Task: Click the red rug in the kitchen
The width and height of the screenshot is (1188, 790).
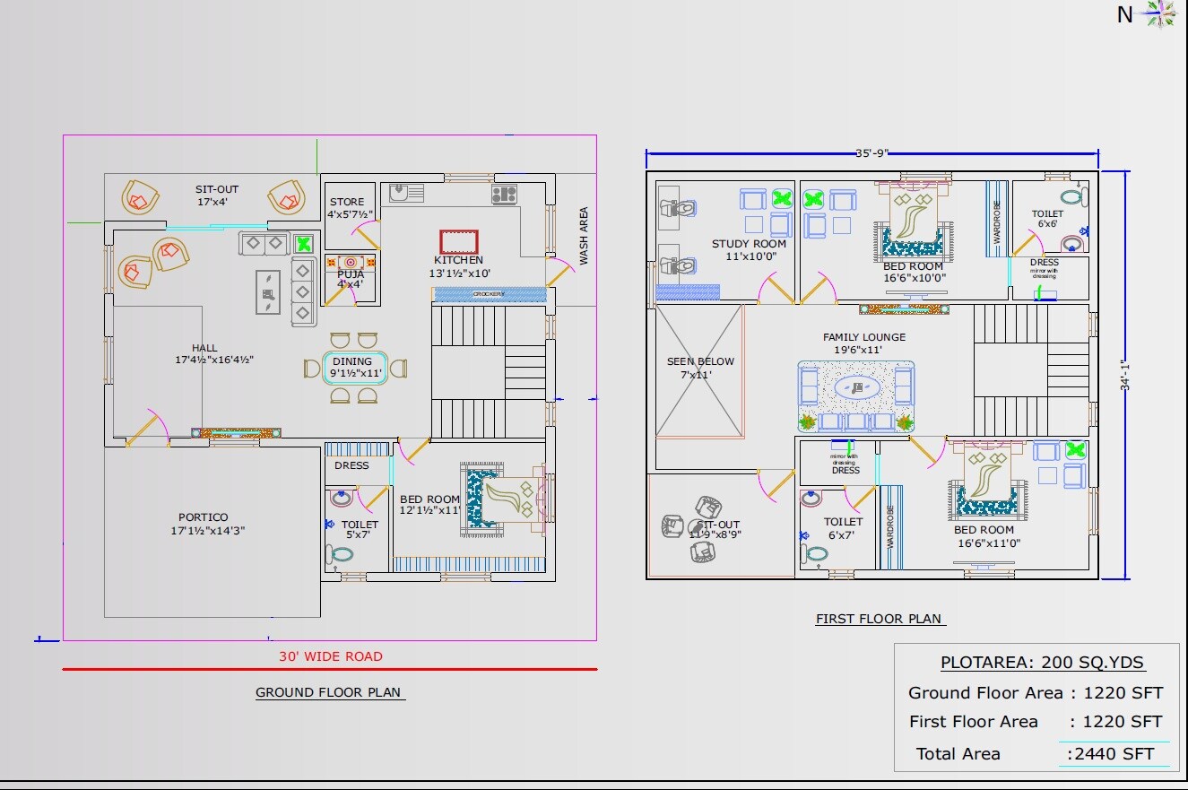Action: tap(459, 242)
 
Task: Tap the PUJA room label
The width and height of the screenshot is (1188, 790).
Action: tap(351, 273)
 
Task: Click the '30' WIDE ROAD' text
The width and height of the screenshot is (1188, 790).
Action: tap(330, 656)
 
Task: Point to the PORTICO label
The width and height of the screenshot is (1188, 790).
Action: tap(203, 517)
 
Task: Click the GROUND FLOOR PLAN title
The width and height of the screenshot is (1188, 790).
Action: tap(328, 692)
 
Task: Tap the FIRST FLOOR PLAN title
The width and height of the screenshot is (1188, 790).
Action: tap(879, 619)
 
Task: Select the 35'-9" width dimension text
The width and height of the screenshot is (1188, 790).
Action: tap(871, 153)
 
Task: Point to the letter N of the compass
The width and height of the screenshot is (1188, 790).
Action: tap(1124, 15)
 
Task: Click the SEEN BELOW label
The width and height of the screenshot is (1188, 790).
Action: tap(700, 361)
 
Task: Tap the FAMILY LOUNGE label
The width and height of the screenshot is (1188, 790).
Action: tap(864, 337)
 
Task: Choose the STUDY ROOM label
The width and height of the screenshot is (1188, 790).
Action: tap(749, 244)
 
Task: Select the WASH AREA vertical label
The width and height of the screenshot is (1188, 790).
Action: tap(584, 236)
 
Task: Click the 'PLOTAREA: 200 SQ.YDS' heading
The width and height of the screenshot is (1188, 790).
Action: tap(1042, 664)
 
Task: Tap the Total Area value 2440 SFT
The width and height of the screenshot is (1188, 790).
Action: tap(1115, 754)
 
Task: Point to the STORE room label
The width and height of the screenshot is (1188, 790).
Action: tap(347, 202)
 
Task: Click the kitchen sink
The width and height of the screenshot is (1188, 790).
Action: tap(406, 193)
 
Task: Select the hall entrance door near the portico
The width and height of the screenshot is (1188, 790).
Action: tap(143, 429)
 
